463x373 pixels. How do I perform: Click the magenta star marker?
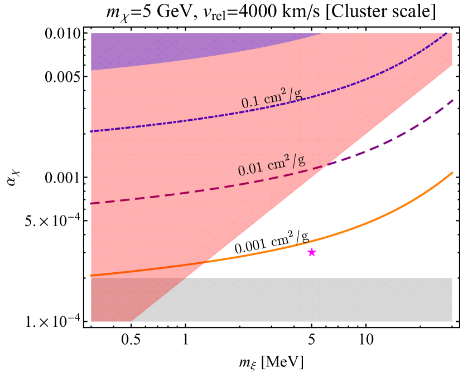pos(312,252)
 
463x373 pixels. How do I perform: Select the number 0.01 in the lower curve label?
pos(249,169)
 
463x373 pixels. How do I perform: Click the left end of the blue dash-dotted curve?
pos(91,131)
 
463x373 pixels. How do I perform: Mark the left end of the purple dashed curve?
pos(91,203)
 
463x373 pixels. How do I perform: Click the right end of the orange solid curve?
pos(452,173)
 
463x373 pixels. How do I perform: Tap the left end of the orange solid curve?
pos(91,275)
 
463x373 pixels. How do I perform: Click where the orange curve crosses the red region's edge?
pos(206,262)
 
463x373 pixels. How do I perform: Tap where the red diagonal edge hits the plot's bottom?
pos(132,321)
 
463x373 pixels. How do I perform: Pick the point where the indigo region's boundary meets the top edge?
pos(322,33)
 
